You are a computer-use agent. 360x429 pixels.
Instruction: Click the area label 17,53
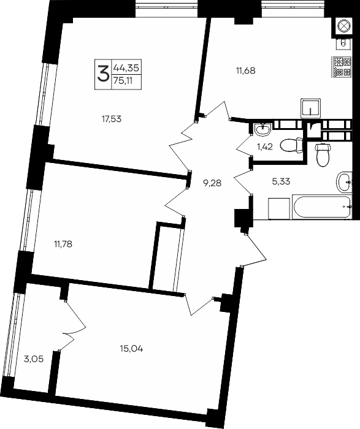pos(112,119)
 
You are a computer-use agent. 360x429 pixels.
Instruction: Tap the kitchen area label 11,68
pos(246,70)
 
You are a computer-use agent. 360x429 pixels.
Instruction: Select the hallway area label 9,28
pos(212,183)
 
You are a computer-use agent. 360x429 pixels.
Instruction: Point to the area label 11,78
pos(63,243)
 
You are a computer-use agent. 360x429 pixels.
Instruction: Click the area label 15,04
pos(131,349)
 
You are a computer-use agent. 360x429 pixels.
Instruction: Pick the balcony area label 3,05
pos(34,359)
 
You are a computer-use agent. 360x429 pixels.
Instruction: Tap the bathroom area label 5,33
pos(281,181)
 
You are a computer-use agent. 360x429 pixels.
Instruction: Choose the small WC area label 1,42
pos(265,147)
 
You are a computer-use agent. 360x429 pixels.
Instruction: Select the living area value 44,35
pos(126,67)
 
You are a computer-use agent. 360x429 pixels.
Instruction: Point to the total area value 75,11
pos(123,81)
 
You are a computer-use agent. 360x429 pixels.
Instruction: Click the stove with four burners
pos(342,67)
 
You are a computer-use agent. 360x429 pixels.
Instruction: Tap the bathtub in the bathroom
pos(322,207)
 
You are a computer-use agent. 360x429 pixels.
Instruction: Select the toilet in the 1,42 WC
pos(291,146)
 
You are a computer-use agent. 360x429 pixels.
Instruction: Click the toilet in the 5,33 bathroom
pos(324,154)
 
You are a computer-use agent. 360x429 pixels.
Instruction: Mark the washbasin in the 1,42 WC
pos(262,130)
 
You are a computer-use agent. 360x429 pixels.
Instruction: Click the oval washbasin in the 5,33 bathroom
pos(344,182)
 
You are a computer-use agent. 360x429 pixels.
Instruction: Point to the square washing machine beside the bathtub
pos(279,208)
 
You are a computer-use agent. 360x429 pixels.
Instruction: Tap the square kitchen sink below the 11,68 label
pos(310,108)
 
